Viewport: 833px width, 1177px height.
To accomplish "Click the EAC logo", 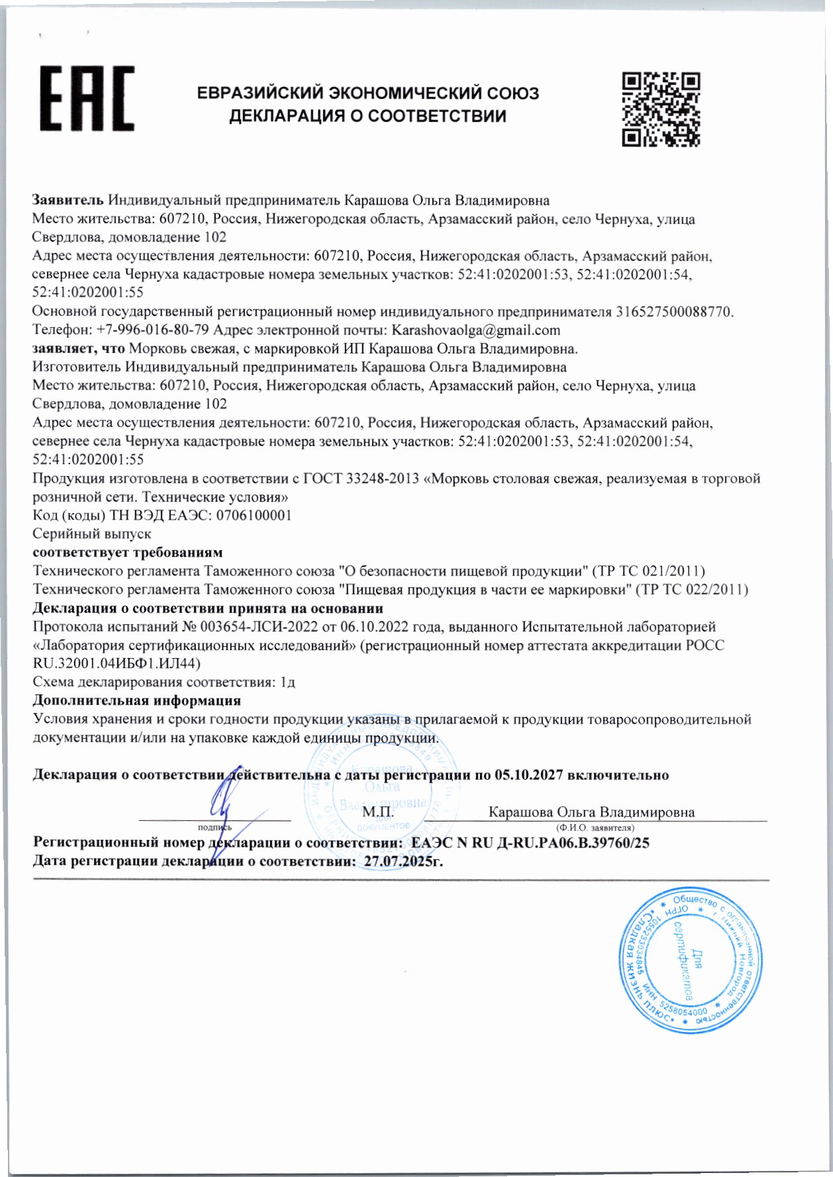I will (87, 98).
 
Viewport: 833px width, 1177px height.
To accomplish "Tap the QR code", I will (661, 109).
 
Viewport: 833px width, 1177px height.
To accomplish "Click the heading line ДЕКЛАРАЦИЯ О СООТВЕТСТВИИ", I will (367, 117).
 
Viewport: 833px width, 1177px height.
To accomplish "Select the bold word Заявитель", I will (68, 200).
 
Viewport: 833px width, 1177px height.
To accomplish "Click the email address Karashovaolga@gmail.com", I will (476, 330).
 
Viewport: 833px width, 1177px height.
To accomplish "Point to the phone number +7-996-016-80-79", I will (153, 330).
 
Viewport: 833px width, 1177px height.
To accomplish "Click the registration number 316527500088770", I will (673, 311).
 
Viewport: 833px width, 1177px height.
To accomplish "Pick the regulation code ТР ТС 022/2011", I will (691, 589).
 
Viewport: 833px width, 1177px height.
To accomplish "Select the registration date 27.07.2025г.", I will (399, 861).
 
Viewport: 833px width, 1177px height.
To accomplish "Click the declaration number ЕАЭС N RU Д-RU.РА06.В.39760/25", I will (530, 843).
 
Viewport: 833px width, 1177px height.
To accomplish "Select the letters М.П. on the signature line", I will (378, 812).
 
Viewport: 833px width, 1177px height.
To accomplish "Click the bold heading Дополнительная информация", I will (137, 700).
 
